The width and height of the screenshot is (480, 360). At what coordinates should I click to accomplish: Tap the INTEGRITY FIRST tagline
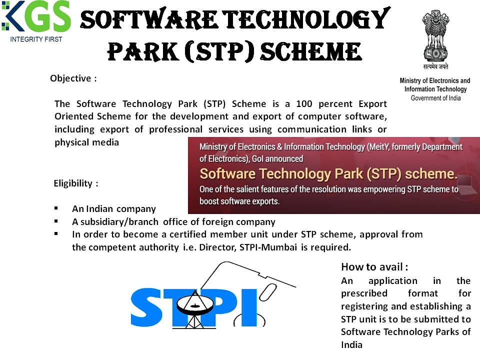click(x=36, y=39)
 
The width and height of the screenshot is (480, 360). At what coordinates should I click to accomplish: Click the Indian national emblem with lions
click(x=435, y=36)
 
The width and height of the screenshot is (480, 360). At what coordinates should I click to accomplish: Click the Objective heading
click(x=73, y=78)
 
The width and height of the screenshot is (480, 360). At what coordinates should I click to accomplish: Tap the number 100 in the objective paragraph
click(x=304, y=104)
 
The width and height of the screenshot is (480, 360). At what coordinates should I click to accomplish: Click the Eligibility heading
click(x=76, y=183)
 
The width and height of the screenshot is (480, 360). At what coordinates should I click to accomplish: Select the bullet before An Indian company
click(x=56, y=208)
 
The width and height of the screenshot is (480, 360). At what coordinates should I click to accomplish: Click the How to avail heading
click(x=374, y=267)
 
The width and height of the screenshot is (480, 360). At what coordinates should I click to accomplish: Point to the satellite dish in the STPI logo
click(x=194, y=305)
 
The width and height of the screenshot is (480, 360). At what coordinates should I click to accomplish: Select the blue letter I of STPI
click(x=249, y=307)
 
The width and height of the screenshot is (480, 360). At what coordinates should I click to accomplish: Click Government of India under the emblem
click(x=435, y=98)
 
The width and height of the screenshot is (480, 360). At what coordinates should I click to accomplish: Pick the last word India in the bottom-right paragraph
click(x=351, y=345)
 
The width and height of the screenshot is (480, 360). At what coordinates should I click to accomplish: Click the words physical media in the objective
click(x=86, y=142)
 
